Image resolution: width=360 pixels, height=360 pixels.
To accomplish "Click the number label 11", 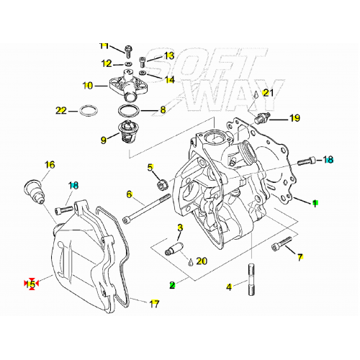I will [x=104, y=46].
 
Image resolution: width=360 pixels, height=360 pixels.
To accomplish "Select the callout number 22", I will [x=61, y=111].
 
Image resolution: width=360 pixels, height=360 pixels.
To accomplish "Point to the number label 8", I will [x=162, y=110].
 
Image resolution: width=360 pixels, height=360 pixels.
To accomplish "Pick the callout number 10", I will [x=88, y=86].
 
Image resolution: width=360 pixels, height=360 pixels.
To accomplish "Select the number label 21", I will [x=268, y=92].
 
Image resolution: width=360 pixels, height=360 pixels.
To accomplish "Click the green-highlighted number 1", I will [x=314, y=203].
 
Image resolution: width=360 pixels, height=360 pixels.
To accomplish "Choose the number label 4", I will [x=229, y=287].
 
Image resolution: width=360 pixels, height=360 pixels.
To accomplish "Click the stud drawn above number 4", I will [x=252, y=276].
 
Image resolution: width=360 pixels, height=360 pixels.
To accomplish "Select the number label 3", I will [x=179, y=228].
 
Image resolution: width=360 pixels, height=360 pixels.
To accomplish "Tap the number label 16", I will [x=49, y=165].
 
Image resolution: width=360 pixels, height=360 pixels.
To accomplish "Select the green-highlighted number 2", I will [x=172, y=284].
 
